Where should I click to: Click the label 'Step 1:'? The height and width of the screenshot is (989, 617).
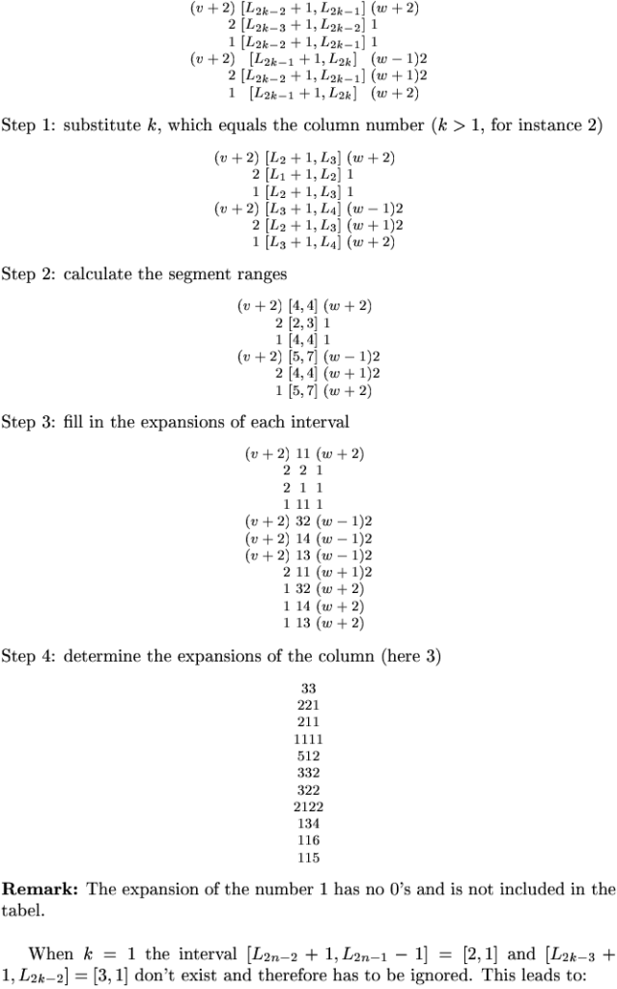28,127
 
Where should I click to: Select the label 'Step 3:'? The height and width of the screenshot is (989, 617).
28,422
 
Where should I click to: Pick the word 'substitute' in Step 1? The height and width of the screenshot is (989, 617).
98,127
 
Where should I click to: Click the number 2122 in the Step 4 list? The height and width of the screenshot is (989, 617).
309,806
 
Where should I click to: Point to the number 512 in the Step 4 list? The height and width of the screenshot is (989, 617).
309,755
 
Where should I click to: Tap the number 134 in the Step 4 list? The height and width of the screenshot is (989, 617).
309,823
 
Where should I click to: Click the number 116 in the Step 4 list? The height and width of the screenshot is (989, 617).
309,840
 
